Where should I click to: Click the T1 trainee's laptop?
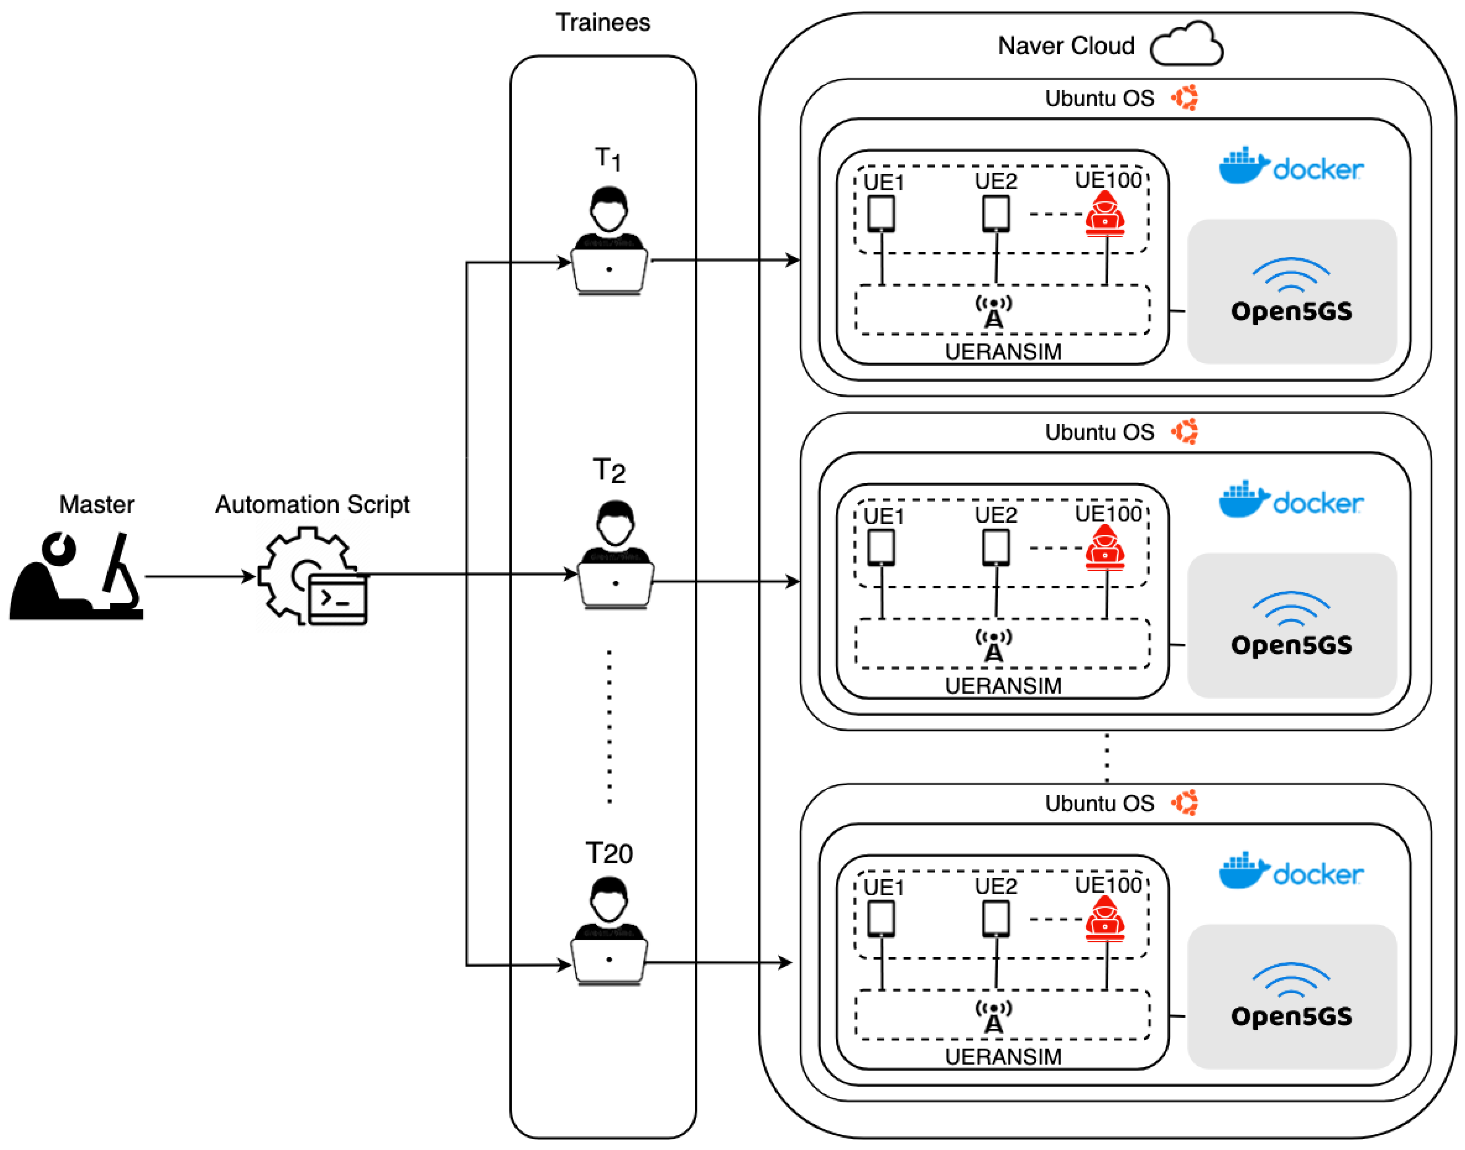tap(609, 271)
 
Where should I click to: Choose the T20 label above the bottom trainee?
tap(609, 854)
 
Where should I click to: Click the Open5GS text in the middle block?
tap(1291, 645)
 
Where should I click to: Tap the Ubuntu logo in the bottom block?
tap(1185, 803)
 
